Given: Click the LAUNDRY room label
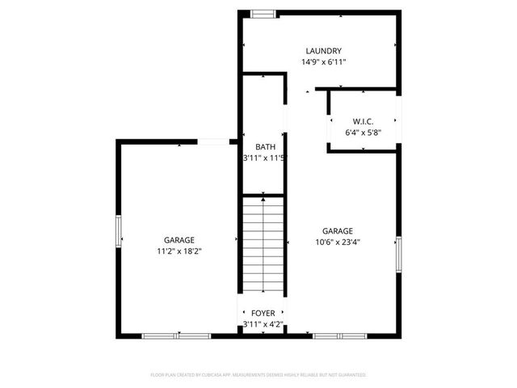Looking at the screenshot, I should [322, 50].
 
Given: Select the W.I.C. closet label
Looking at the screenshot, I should [363, 121].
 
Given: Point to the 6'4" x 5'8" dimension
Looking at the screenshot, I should [363, 133].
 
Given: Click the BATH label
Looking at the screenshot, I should [265, 146].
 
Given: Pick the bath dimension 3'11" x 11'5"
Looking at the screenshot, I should [265, 158].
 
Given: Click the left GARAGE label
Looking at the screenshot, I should [179, 240].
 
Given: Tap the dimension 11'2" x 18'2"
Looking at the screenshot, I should [179, 251].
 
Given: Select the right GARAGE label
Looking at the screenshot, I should [338, 230].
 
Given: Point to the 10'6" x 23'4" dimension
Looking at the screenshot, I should [338, 242].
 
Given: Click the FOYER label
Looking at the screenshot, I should [263, 313].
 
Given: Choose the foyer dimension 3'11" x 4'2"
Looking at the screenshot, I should [263, 325].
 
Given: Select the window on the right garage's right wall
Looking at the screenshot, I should [398, 255].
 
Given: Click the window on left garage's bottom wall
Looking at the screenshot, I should [178, 335].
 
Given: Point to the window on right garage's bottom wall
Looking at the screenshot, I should [339, 335].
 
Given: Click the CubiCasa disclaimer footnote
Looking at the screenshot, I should [258, 375].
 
